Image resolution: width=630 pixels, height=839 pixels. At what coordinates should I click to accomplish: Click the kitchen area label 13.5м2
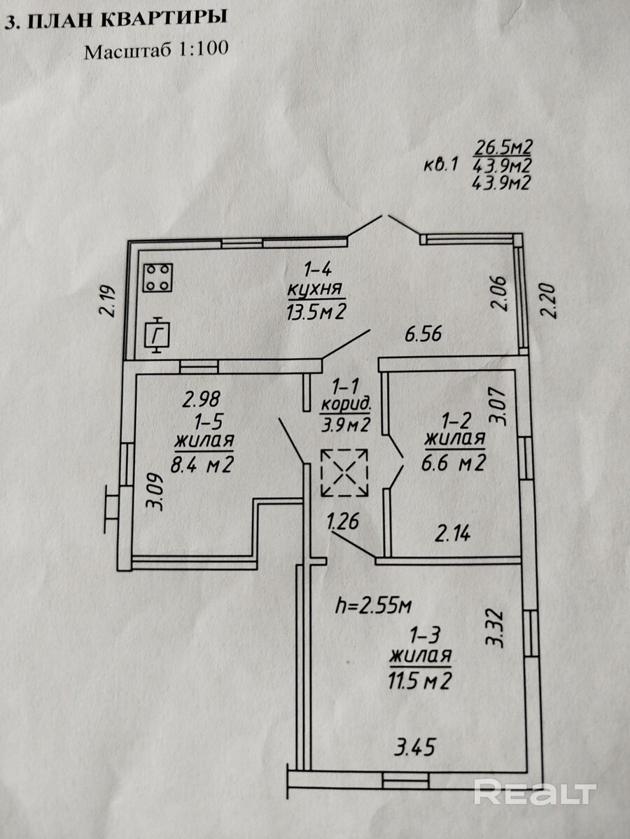(317, 310)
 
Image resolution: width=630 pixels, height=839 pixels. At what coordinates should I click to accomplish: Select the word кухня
(316, 289)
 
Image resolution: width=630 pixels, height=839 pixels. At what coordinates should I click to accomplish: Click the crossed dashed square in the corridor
(344, 473)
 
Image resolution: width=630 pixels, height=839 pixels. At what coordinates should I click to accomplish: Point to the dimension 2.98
(201, 399)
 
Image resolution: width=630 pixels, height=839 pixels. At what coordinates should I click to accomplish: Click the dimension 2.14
(452, 534)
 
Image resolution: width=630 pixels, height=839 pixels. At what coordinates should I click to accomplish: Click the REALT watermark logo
(535, 792)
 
